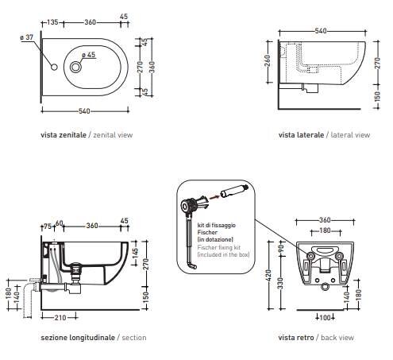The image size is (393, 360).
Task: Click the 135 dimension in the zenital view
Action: (52, 21)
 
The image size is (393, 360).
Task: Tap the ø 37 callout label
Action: (27, 37)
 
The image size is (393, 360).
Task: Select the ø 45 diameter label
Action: (89, 55)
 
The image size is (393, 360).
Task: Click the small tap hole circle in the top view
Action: (54, 67)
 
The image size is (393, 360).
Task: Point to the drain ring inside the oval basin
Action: (75, 67)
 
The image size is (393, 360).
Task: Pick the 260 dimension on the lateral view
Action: (268, 61)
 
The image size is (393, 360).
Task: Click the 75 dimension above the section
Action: (48, 226)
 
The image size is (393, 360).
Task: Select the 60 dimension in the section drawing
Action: (59, 223)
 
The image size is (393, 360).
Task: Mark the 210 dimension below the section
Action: (60, 317)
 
